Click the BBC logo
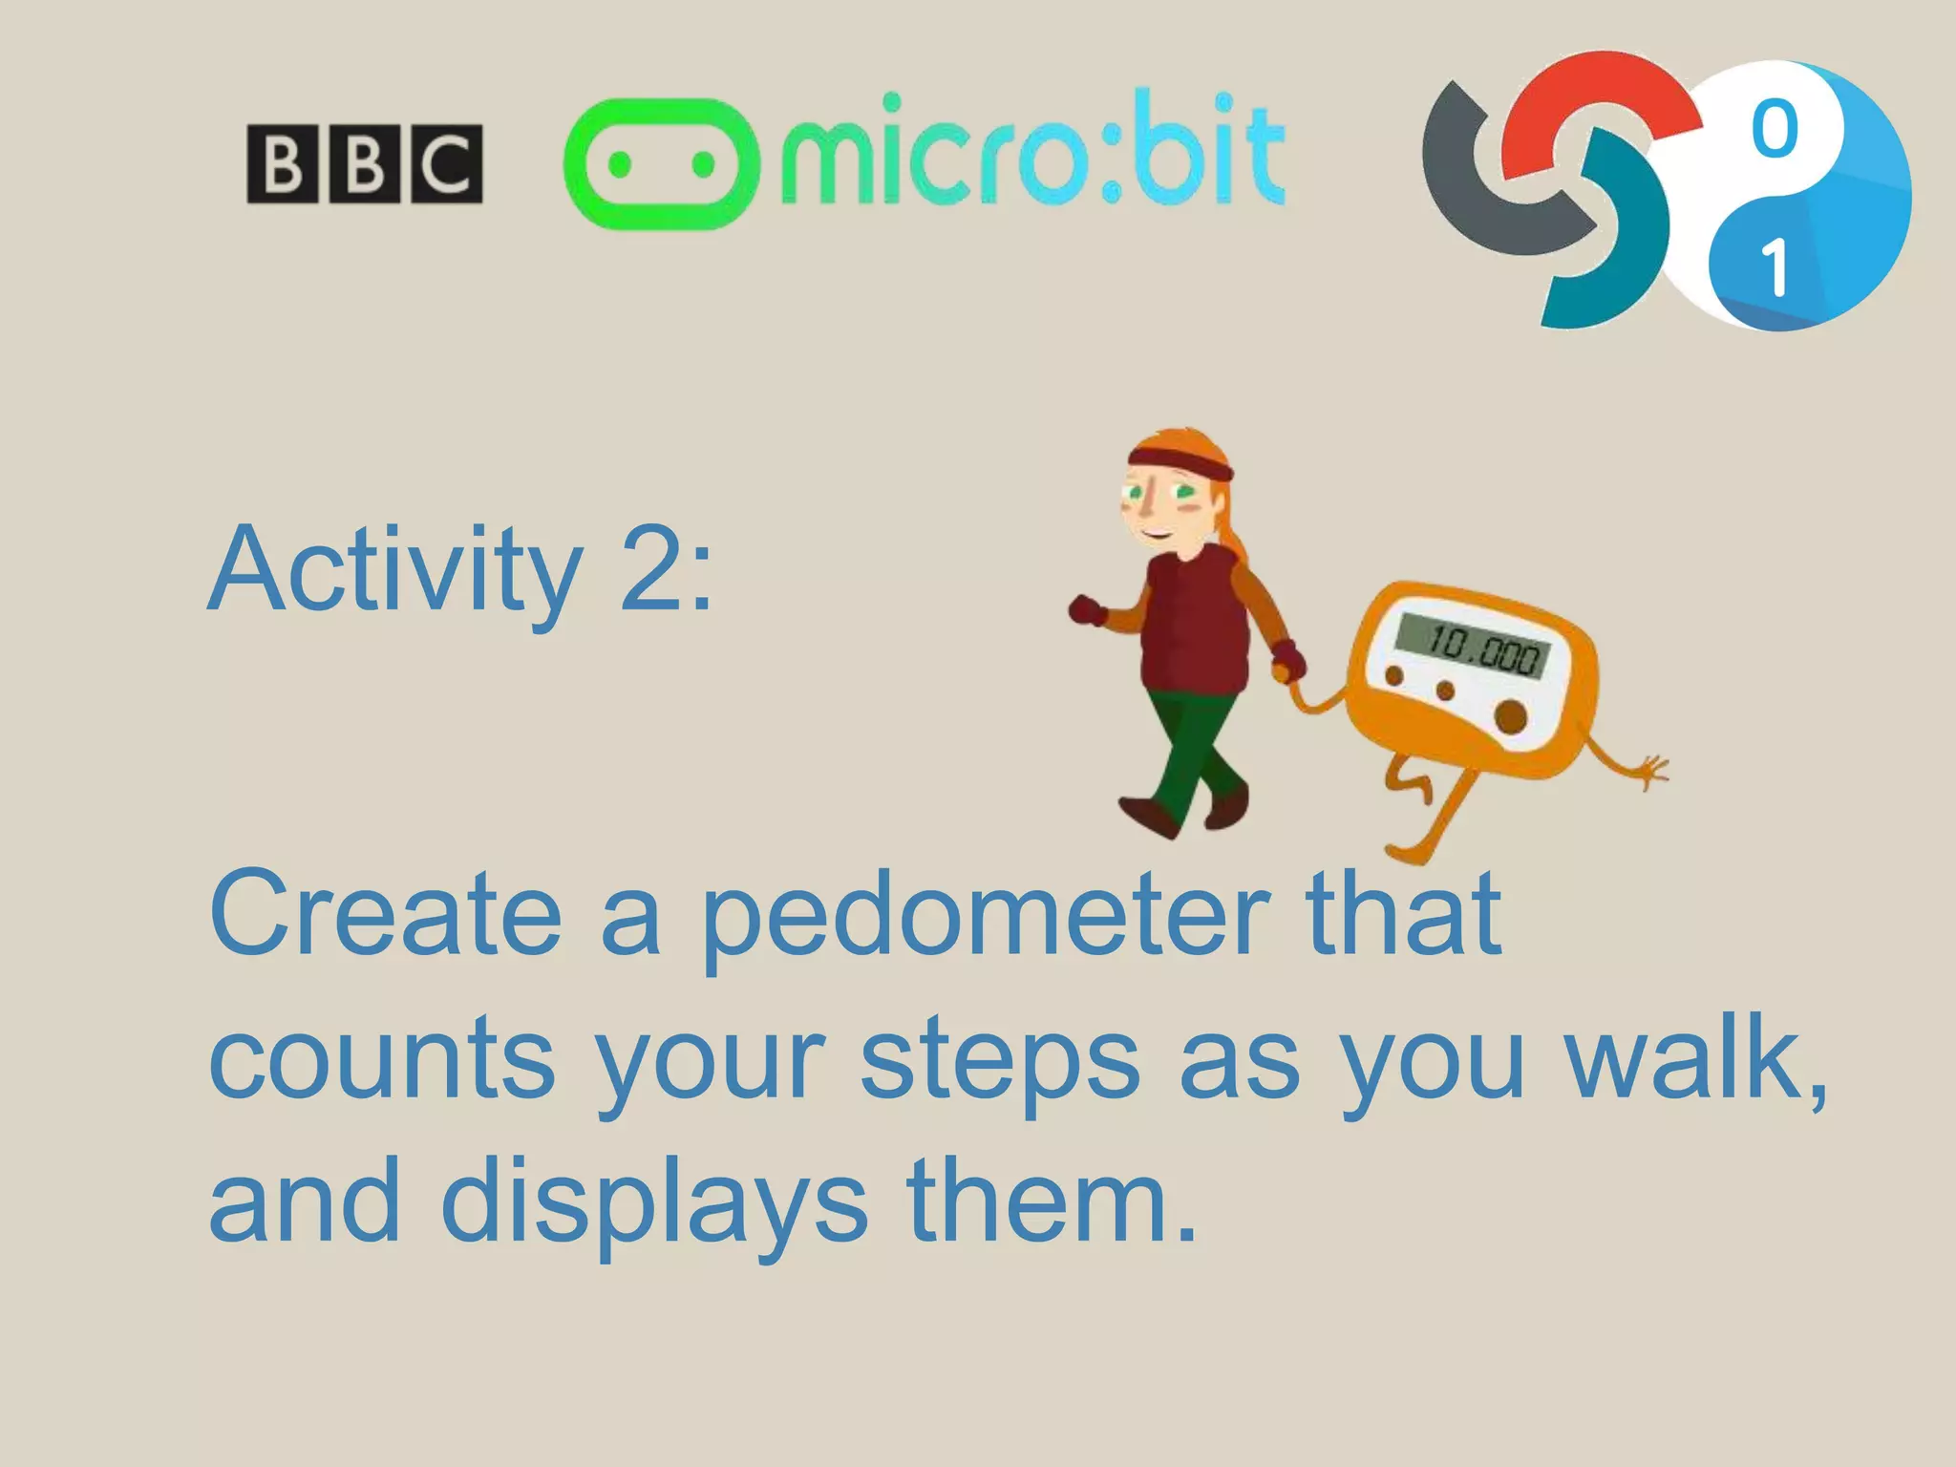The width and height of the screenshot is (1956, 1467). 364,163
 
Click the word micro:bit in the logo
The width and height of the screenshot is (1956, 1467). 1031,153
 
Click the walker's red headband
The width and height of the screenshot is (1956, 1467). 1180,462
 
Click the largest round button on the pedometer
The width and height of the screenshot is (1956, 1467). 1511,716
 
